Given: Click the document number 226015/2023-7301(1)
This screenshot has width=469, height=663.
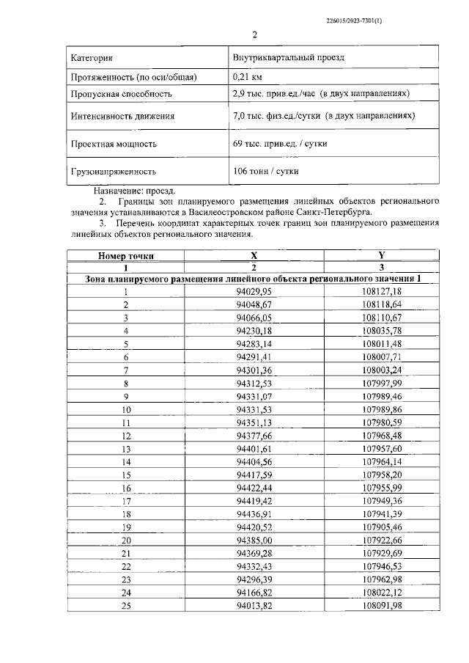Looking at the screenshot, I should click(352, 21).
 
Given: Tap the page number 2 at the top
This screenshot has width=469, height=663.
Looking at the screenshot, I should click(254, 35).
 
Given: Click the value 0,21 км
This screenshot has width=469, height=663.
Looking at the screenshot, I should click(248, 76).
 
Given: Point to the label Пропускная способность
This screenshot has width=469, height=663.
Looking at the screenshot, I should click(121, 95).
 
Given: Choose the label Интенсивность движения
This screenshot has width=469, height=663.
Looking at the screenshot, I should click(122, 116).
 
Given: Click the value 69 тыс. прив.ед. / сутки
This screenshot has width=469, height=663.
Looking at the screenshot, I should click(276, 144).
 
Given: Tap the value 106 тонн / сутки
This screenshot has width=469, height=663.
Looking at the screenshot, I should click(265, 172).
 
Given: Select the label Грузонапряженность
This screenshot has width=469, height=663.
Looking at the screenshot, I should click(114, 172).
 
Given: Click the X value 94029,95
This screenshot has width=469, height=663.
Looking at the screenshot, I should click(254, 291).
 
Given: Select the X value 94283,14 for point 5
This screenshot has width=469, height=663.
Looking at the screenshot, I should click(254, 343).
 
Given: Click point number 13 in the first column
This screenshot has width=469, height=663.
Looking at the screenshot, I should click(126, 448).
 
